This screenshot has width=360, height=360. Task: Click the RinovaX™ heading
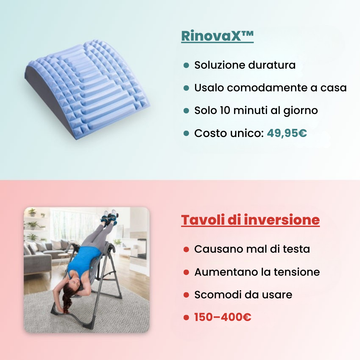click(x=217, y=36)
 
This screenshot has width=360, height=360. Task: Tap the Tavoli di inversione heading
click(x=250, y=220)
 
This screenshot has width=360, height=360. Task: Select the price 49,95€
click(x=287, y=133)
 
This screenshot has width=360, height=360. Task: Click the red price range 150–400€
click(x=223, y=317)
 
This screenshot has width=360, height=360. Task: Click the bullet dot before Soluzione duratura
click(x=186, y=65)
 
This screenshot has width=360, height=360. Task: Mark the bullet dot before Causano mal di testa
click(x=186, y=249)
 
